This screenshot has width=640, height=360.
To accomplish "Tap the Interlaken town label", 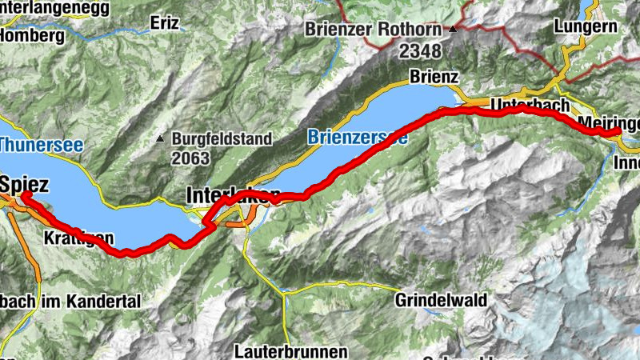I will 233,194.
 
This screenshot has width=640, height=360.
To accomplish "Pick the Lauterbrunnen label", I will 291,350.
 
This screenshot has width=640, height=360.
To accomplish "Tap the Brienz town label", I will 433,77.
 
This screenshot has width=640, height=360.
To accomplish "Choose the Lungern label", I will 585,26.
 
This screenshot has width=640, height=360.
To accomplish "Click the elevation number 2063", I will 190,157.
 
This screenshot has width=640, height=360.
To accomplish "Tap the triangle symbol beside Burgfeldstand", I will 162,138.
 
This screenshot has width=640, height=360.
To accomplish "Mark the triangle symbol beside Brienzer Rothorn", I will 453,30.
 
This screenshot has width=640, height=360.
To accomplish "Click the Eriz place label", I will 164,25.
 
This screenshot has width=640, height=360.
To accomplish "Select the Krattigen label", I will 78,238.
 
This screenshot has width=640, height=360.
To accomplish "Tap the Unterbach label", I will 529,105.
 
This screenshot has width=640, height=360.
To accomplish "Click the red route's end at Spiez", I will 25,194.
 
